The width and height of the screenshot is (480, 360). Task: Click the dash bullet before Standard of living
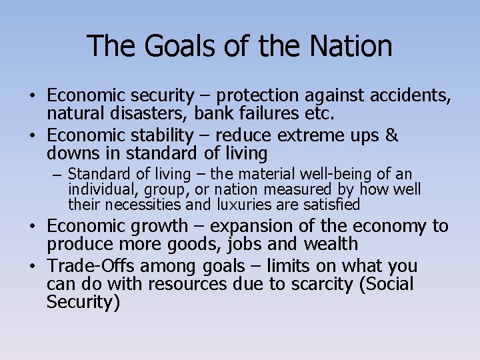click(57, 175)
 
